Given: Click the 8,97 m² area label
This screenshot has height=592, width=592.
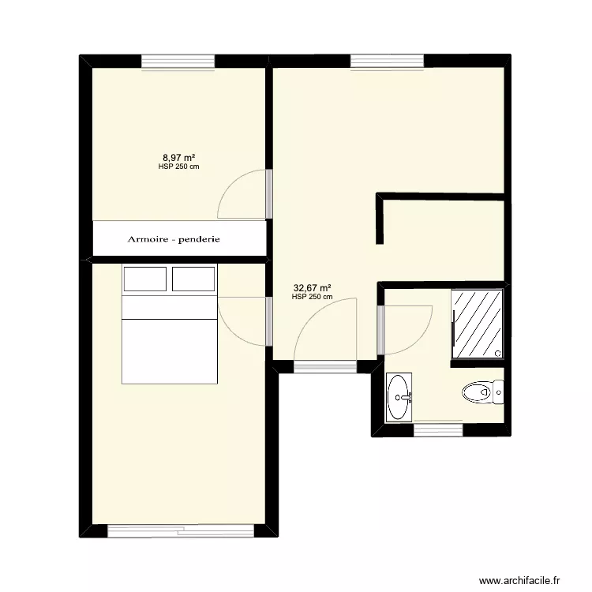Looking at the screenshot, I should click(x=179, y=158).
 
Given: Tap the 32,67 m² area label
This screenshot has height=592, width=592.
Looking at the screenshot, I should click(x=312, y=288).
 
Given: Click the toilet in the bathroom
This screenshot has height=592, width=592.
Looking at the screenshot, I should click(x=478, y=392).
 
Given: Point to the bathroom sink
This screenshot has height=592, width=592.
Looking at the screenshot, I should click(x=399, y=397).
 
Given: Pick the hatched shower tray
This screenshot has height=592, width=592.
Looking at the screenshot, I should click(x=477, y=324).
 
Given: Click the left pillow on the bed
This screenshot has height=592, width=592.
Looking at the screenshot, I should click(x=144, y=279).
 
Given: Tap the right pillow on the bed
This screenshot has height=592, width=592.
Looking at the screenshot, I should click(x=193, y=279).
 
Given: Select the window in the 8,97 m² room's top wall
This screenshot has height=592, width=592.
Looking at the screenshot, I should click(x=178, y=61).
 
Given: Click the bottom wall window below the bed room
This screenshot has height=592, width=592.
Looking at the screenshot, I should click(x=181, y=531).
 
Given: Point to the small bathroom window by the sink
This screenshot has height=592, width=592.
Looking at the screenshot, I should click(x=437, y=429).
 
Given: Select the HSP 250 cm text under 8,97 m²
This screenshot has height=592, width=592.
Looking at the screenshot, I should click(x=179, y=167).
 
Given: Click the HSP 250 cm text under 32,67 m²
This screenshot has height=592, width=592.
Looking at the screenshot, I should click(x=312, y=297).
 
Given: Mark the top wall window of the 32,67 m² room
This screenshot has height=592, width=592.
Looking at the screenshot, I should click(x=387, y=61).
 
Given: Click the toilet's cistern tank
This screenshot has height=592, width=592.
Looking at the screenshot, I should click(x=499, y=391).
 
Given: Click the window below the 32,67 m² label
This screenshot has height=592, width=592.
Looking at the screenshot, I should click(x=325, y=366).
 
